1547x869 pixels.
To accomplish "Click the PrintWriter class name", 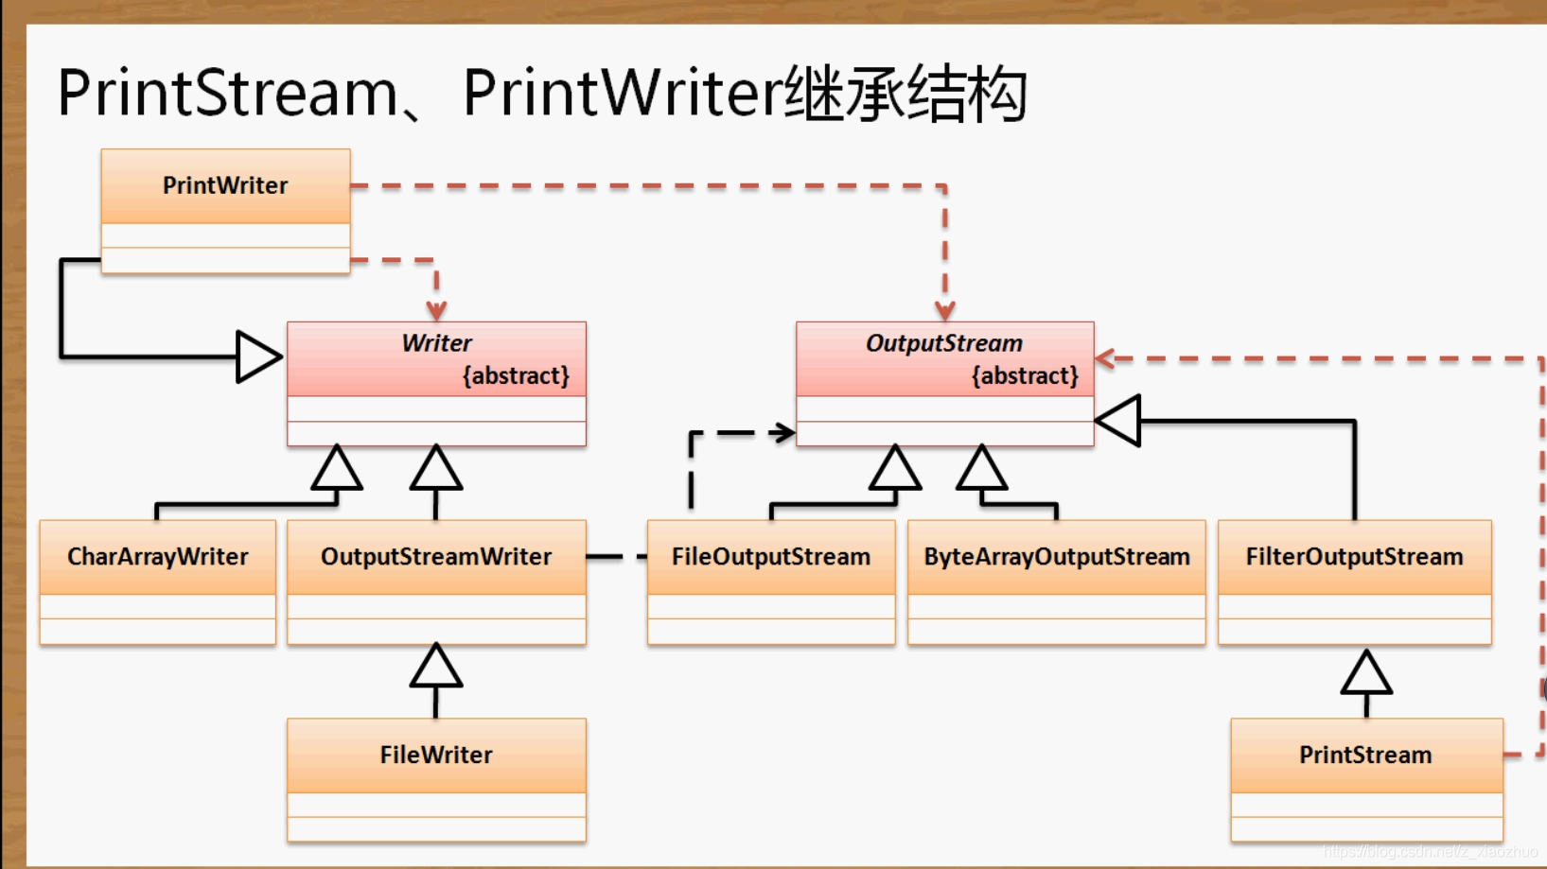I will point(225,185).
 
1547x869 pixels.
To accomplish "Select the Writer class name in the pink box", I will point(436,343).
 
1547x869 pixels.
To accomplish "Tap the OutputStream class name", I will point(944,343).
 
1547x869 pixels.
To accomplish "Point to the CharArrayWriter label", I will point(158,557).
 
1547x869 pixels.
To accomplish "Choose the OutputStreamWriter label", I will point(436,557).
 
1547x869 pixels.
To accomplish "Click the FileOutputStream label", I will point(771,557).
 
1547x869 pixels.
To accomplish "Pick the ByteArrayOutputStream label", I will point(1057,557).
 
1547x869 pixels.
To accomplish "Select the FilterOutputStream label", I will point(1354,557).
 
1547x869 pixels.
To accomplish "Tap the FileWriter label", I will point(436,755).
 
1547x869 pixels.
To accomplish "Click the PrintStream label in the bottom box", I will point(1365,755).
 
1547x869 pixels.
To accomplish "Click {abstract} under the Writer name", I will point(516,376).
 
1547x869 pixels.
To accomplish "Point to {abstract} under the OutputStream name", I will point(1025,376).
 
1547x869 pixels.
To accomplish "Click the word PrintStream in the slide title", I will point(227,94).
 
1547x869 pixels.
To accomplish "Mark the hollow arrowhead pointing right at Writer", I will point(258,357).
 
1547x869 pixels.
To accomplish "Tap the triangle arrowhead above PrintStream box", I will point(1366,672).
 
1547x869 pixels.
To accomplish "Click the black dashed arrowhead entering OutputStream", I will point(783,433).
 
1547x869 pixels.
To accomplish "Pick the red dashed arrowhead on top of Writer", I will point(436,310).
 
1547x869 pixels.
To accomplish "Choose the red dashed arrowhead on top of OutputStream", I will point(944,310).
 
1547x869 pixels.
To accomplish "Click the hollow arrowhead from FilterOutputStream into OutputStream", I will point(1119,421).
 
